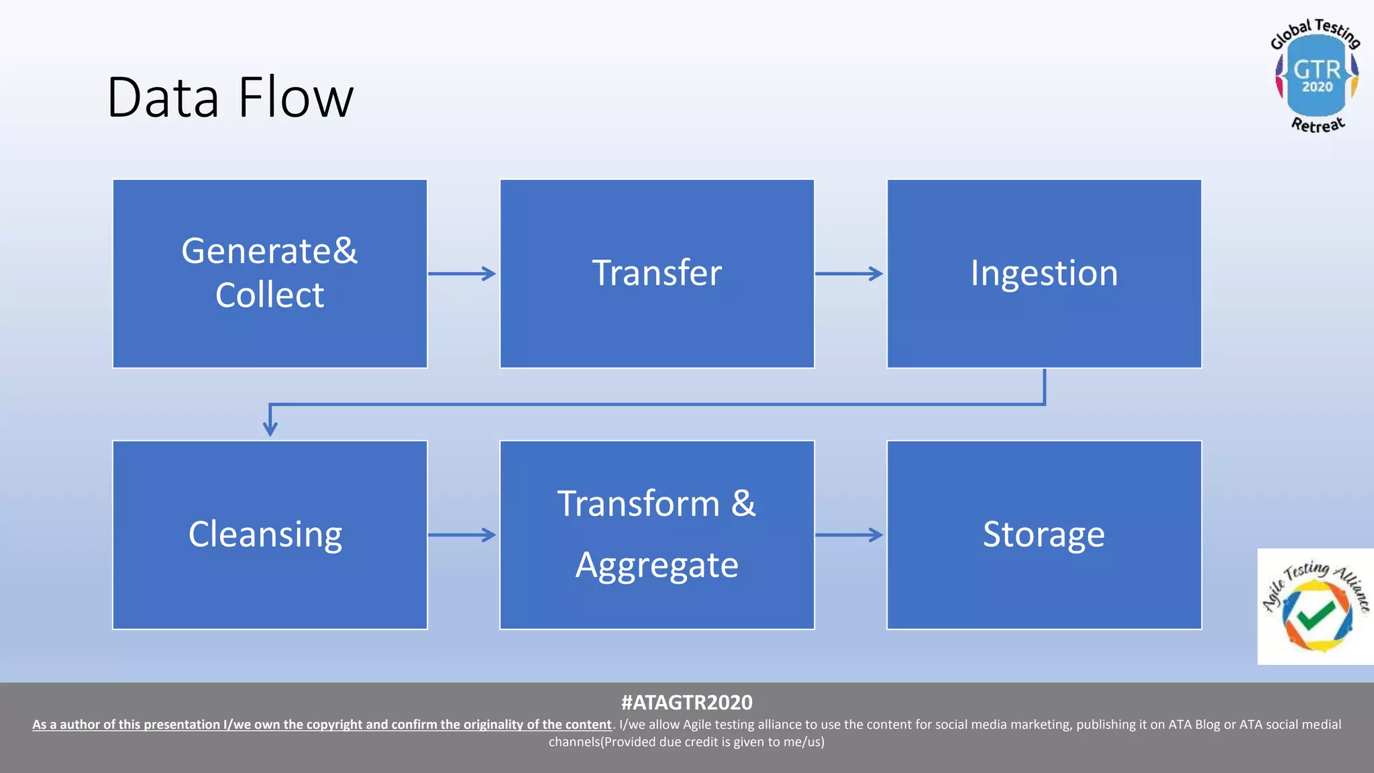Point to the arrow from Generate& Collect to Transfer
462,273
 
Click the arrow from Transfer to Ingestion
849,273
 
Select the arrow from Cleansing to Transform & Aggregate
462,535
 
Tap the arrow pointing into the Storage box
849,535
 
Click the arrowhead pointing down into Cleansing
270,428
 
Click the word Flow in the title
295,98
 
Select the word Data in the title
163,98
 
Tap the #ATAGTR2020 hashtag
686,703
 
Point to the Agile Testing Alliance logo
1315,607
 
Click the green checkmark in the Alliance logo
1316,615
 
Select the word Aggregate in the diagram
657,565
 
